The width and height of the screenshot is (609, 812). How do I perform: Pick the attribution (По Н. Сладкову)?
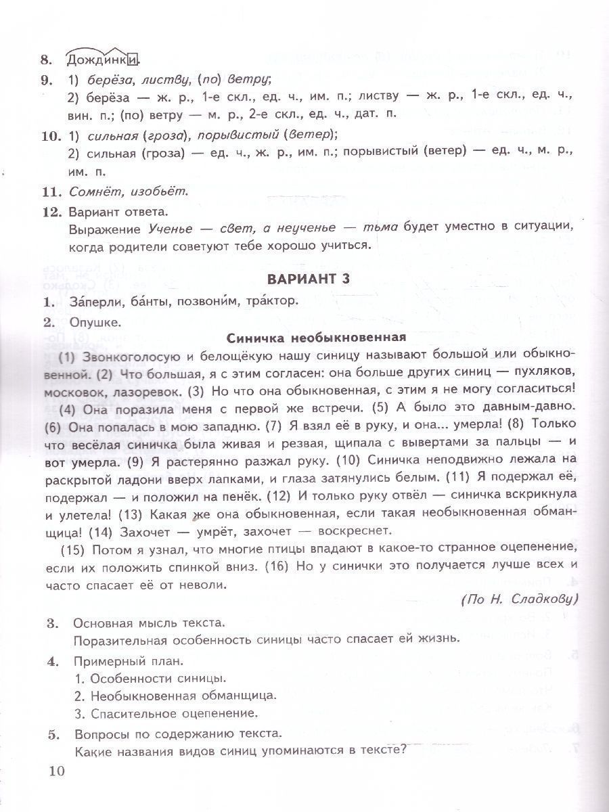pyautogui.click(x=518, y=598)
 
